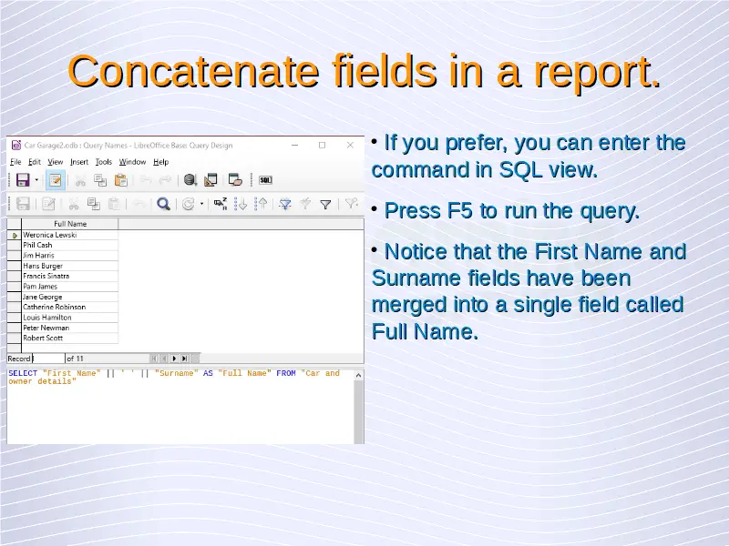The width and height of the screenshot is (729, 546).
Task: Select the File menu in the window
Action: pyautogui.click(x=15, y=162)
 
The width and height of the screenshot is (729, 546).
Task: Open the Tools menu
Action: pyautogui.click(x=104, y=162)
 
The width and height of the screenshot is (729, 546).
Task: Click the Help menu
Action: pyautogui.click(x=161, y=162)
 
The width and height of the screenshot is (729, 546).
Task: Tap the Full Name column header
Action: pyautogui.click(x=70, y=224)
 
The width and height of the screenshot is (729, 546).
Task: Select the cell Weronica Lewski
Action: pyautogui.click(x=50, y=235)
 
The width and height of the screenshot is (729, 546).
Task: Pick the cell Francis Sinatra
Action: pyautogui.click(x=46, y=276)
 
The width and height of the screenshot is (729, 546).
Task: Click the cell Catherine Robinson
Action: pyautogui.click(x=55, y=307)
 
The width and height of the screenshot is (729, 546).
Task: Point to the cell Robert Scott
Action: pyautogui.click(x=43, y=338)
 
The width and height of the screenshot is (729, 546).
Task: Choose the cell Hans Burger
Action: pyautogui.click(x=43, y=266)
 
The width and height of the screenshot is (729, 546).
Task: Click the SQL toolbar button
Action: pyautogui.click(x=265, y=180)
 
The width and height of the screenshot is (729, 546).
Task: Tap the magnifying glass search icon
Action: pyautogui.click(x=163, y=204)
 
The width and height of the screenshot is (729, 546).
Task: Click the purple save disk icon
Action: pyautogui.click(x=23, y=179)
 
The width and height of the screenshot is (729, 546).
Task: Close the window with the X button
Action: pyautogui.click(x=350, y=146)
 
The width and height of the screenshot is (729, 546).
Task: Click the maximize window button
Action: pyautogui.click(x=323, y=146)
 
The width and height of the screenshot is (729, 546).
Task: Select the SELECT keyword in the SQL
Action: pyautogui.click(x=23, y=373)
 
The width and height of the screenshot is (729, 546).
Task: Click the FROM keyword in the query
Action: pyautogui.click(x=286, y=373)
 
